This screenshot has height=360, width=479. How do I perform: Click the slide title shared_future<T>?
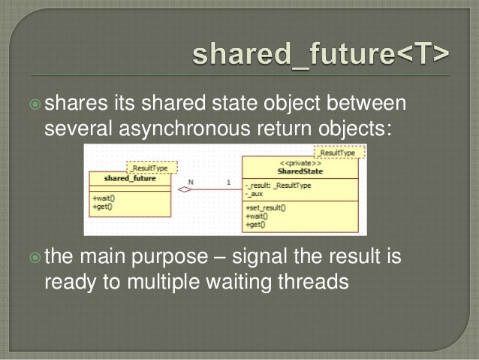coord(321,55)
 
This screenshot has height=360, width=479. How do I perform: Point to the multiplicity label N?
coord(191,182)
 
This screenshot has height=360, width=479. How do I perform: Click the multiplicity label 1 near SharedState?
coord(228,182)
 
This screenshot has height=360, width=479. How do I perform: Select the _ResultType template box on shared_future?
coord(152,168)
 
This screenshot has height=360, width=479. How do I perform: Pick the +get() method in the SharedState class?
coord(255,223)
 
